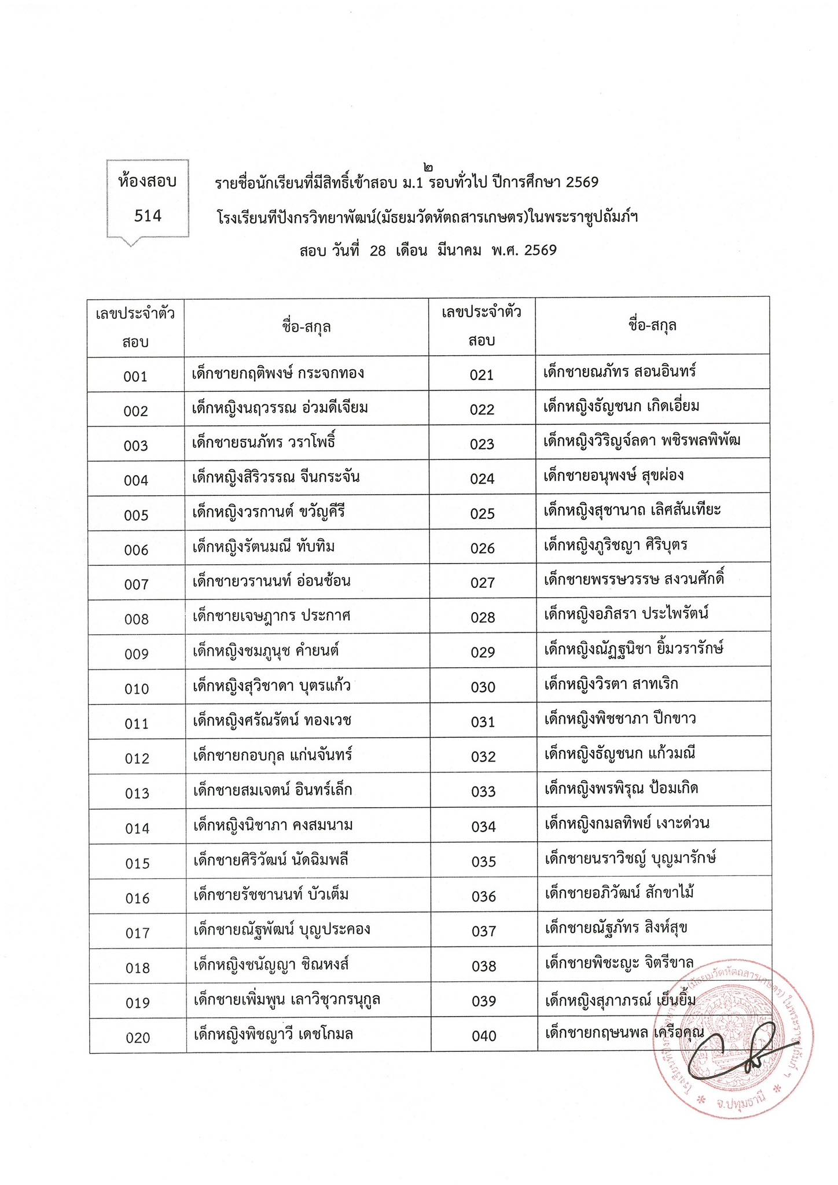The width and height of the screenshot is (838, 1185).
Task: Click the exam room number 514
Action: [148, 216]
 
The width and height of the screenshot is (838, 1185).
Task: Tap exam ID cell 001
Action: [135, 377]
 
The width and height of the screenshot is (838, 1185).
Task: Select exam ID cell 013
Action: [137, 793]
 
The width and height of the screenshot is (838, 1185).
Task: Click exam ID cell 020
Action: [138, 1037]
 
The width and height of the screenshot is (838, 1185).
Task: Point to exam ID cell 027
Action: [482, 583]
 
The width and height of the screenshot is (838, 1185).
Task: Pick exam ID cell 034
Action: [483, 827]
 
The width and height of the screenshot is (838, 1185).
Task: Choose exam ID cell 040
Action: [484, 1036]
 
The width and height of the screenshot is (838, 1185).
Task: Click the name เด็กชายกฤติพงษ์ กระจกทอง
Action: [278, 373]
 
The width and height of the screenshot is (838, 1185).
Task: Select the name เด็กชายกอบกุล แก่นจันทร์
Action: [273, 755]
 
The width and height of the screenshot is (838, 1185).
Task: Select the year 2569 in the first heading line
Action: [582, 183]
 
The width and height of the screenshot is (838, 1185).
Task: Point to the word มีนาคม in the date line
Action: [460, 251]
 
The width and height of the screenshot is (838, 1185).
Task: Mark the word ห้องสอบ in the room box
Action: [148, 182]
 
